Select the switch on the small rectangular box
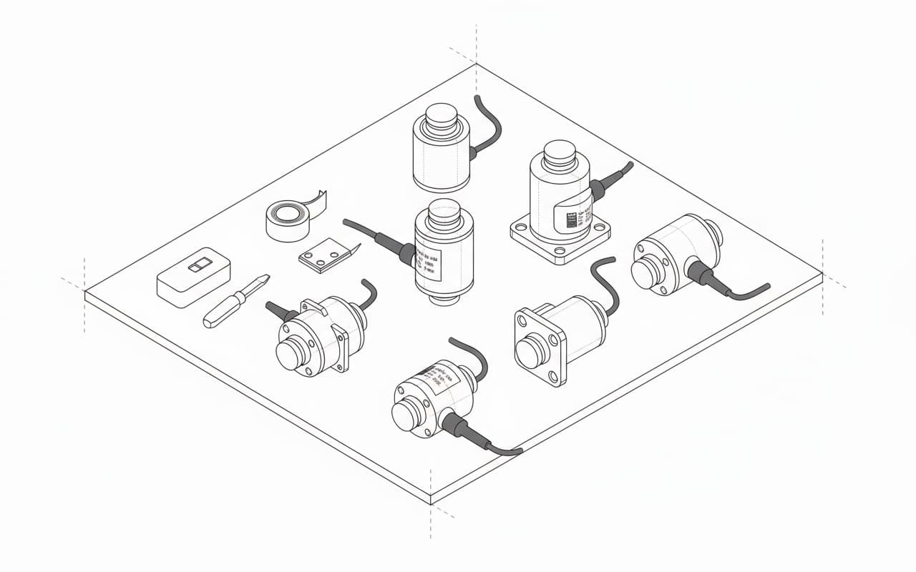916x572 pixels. [x=195, y=266]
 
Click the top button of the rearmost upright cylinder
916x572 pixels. [x=441, y=114]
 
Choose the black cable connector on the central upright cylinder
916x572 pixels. [x=406, y=252]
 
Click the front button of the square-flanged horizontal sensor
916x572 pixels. [x=531, y=352]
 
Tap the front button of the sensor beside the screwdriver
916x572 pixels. [x=291, y=355]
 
